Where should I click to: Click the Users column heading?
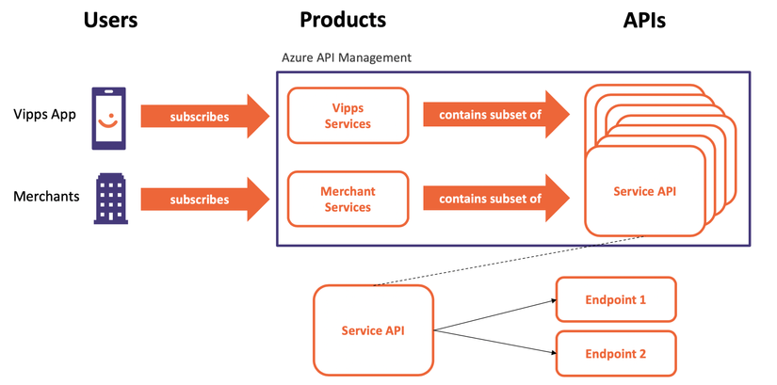coord(110,21)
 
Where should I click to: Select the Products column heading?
coord(343,21)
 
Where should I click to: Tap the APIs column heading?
coord(644,21)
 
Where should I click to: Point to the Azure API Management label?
coord(347,57)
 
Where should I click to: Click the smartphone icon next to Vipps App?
coord(108,119)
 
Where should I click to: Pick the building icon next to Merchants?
coord(111,199)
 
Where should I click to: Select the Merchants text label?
coord(46,196)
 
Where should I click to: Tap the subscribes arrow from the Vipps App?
coord(205,117)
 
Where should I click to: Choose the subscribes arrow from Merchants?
coord(205,200)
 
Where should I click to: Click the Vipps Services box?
coord(348,116)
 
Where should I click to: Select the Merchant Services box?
coord(348,199)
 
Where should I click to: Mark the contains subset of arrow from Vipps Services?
coord(496,116)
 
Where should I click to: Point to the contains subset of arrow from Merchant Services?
coord(496,199)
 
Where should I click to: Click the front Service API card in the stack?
coord(645,192)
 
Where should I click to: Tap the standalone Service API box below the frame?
coord(373,330)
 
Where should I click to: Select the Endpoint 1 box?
coord(616,299)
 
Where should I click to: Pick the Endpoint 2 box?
coord(616,353)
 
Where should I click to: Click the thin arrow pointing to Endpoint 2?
coord(494,342)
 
